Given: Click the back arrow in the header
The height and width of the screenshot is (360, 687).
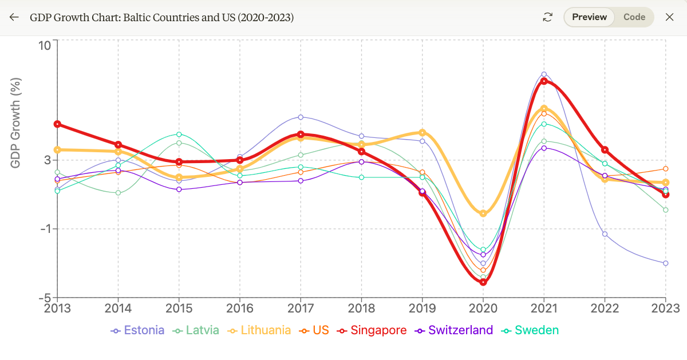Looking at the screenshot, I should tap(14, 17).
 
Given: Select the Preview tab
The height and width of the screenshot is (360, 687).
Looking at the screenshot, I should tap(589, 17).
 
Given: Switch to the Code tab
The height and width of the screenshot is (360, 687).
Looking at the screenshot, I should tap(634, 17).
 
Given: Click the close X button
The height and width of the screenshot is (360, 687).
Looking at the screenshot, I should tap(669, 17).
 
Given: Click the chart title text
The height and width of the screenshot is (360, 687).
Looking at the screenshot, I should tap(162, 17).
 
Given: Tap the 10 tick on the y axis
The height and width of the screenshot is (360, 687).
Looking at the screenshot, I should tap(45, 45).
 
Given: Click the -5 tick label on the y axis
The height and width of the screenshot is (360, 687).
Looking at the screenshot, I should tap(45, 298).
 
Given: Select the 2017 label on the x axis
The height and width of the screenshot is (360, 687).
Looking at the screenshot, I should tap(301, 308).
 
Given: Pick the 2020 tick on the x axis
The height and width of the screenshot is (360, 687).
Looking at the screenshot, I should tap(483, 308).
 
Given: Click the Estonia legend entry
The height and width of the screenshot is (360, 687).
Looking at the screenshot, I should tap(138, 330).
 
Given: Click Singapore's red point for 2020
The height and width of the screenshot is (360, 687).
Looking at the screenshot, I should tap(483, 282).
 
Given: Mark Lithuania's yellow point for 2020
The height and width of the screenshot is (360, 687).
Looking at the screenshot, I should tap(483, 213).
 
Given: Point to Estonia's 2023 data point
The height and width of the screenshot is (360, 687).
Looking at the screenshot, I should tap(665, 263).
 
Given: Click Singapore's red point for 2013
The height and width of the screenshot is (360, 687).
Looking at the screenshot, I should tap(57, 124).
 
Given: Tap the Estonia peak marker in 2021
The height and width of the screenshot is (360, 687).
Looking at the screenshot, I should tap(544, 74).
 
